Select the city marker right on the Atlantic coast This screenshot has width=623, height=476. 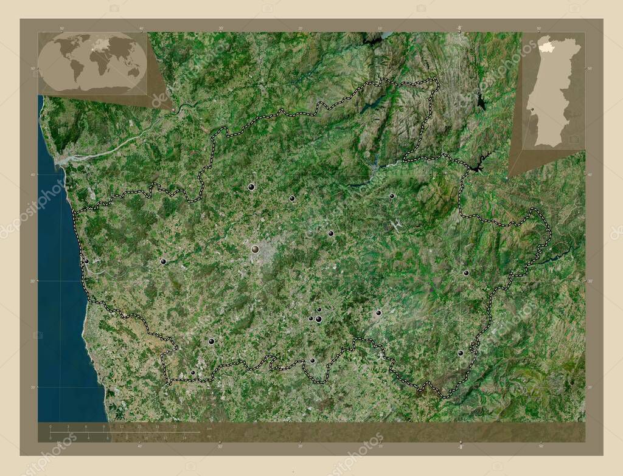tap(86, 261)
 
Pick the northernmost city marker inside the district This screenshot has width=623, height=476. tap(251, 187)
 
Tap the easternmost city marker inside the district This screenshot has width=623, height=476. tap(466, 273)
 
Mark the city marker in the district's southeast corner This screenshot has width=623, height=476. tap(461, 353)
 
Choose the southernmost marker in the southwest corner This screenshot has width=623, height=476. tap(193, 373)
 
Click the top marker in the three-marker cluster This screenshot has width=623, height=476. tap(319, 310)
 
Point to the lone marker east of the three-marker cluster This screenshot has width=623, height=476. tap(378, 313)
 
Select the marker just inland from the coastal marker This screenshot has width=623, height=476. tap(163, 261)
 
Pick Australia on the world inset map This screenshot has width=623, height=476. tap(133, 72)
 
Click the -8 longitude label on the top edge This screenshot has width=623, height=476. tap(459, 27)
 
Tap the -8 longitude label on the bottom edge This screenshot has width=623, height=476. tap(460, 447)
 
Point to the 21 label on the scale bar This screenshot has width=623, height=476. tap(175, 427)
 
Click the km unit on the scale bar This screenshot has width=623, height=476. tap(209, 430)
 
